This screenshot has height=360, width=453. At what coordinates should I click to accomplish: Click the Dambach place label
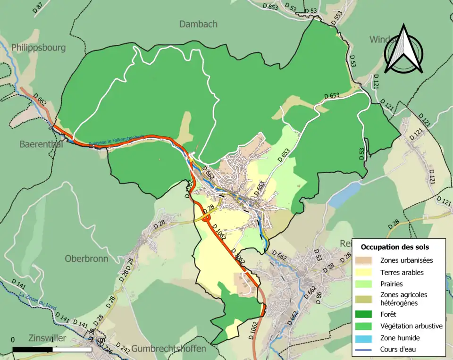(198, 24)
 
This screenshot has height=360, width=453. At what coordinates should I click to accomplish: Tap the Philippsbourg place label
(38, 48)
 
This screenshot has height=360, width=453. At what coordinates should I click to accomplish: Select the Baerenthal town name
(41, 144)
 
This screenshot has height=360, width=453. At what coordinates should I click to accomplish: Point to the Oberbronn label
(86, 259)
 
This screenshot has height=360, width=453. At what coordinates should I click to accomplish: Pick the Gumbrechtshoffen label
(168, 349)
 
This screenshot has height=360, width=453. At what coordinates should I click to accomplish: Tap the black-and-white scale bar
(52, 350)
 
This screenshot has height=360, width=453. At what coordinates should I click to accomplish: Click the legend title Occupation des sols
(395, 247)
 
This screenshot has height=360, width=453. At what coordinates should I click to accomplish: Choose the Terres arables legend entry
(402, 272)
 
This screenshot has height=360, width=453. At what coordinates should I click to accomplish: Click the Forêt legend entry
(388, 314)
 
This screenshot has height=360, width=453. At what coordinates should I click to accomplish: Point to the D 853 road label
(270, 6)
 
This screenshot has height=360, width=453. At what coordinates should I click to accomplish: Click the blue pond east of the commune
(344, 195)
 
